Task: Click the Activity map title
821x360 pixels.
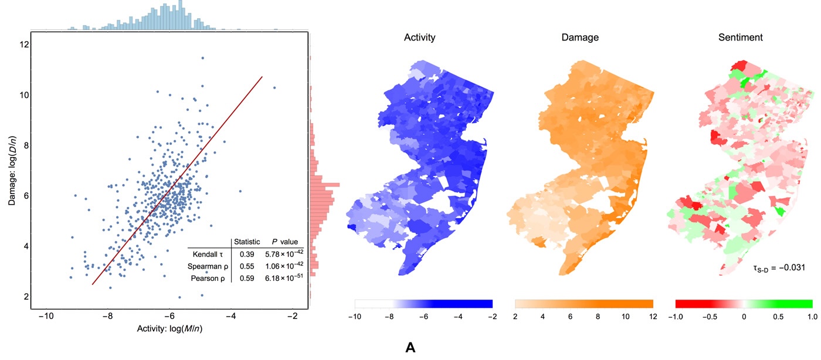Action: [419, 38]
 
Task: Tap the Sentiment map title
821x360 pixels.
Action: [740, 38]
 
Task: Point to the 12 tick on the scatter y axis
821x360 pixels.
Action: [22, 45]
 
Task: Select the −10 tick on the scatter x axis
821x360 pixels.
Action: [46, 317]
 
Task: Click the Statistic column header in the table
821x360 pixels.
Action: [247, 242]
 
